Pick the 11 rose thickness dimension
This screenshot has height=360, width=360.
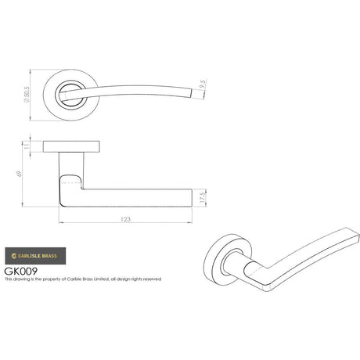click(30, 146)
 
